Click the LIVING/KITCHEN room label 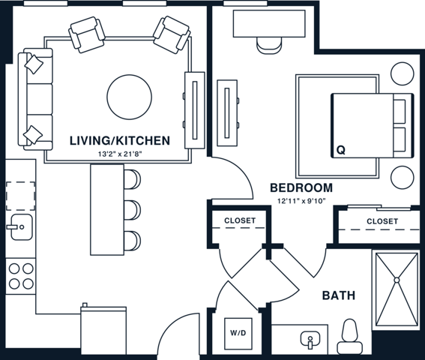(119, 140)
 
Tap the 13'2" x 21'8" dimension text (119, 154)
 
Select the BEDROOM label (301, 187)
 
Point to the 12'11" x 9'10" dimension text (301, 201)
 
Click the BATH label (338, 295)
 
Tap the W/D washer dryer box (237, 332)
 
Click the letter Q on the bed (340, 150)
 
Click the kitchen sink (19, 224)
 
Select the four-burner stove (20, 274)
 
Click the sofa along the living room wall (37, 98)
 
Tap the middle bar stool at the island (131, 208)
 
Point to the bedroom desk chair (269, 44)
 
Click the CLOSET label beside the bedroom (382, 221)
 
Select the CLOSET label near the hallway (240, 220)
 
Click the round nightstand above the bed (401, 73)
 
